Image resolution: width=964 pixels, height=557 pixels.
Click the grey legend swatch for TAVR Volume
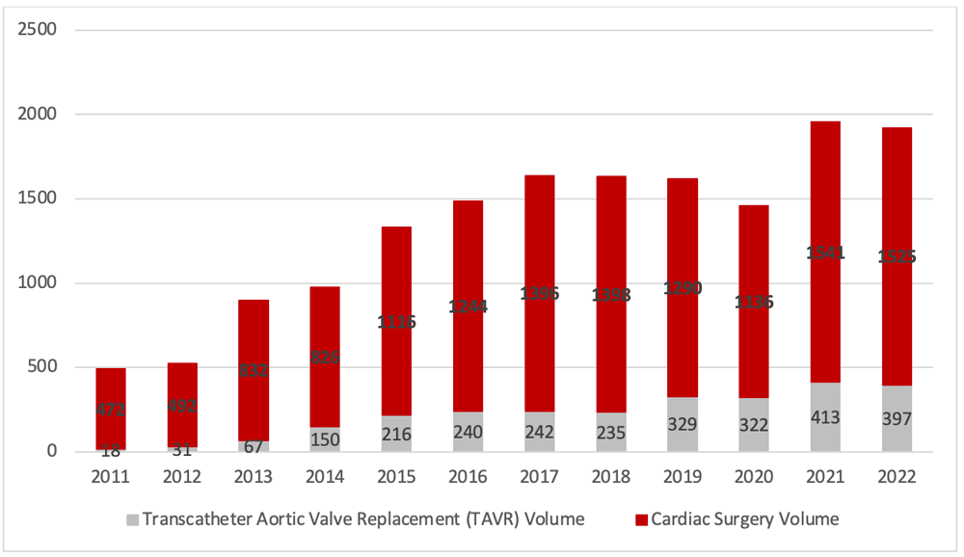(x=132, y=519)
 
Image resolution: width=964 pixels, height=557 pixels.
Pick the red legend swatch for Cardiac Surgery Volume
(x=641, y=519)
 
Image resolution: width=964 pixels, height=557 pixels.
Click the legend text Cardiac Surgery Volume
(x=744, y=519)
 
